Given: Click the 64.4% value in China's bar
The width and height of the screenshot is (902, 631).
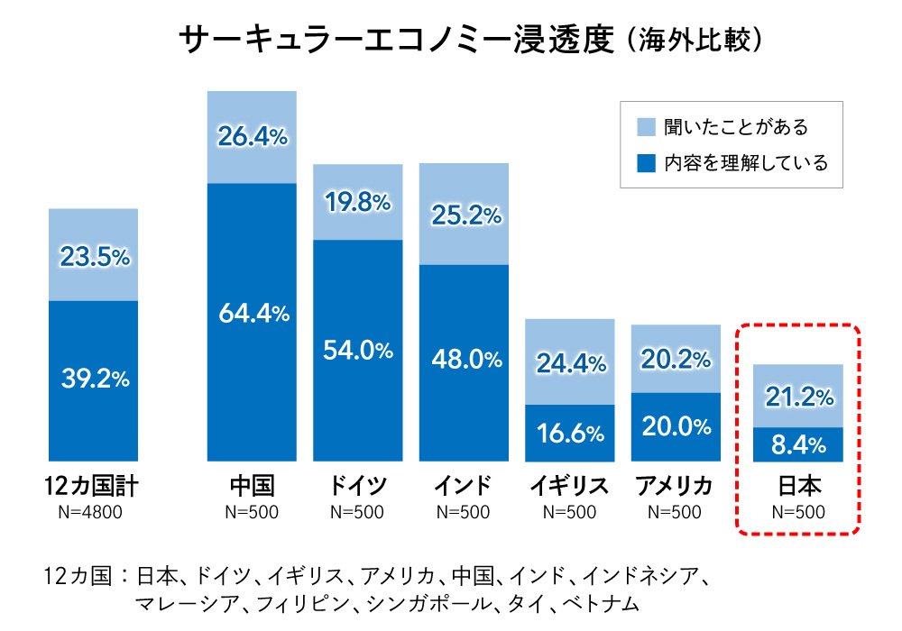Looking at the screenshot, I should point(252,315).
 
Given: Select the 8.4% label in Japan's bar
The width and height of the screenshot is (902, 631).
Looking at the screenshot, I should point(796,444).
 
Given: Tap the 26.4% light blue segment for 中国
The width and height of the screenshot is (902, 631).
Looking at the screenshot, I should point(252,137).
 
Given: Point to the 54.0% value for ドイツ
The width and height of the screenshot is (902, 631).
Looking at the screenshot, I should point(357,351).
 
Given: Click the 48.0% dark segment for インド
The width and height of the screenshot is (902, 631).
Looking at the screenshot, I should point(464,360).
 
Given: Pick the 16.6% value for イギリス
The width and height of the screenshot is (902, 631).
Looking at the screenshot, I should point(569,434).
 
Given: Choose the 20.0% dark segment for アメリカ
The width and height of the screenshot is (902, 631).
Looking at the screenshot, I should point(676,427).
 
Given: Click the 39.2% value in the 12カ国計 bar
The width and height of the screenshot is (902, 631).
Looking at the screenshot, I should point(95,380).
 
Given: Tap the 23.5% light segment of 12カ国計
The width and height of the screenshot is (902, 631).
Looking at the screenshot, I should point(95,257).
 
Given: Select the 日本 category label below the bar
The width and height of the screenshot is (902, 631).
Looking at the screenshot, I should point(798,488).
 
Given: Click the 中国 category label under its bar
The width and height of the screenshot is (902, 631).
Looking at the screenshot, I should point(252,488).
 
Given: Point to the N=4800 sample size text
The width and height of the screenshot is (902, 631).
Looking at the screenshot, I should point(94,513).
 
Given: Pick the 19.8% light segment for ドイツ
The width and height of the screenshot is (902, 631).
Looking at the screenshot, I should point(357,203).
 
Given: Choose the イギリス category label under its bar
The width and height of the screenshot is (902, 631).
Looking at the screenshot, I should point(569,488).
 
